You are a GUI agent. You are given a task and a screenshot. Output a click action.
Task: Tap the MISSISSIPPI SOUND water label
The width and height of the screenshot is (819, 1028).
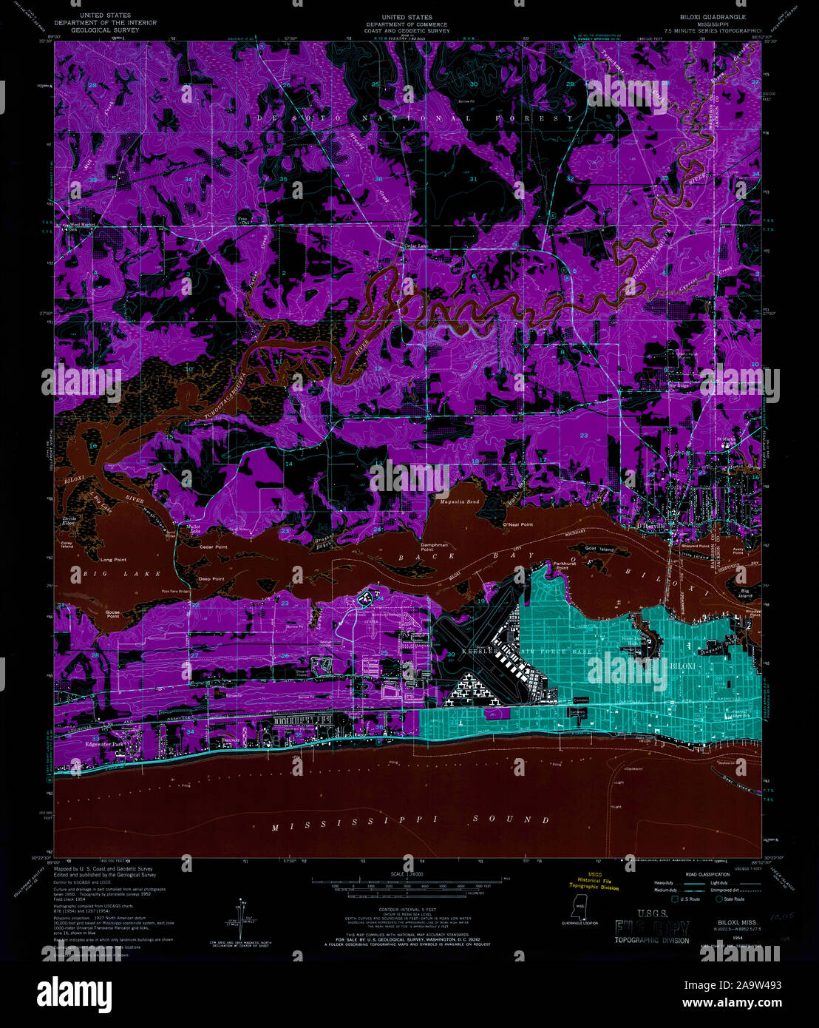(410, 820)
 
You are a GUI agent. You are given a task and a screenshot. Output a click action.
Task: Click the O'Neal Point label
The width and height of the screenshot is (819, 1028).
(518, 524)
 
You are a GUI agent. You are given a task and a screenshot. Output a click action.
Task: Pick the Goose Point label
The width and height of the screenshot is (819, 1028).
(112, 614)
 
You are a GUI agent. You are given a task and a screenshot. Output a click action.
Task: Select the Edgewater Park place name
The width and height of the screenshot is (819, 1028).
(106, 743)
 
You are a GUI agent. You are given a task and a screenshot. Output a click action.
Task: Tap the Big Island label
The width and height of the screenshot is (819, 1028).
(751, 593)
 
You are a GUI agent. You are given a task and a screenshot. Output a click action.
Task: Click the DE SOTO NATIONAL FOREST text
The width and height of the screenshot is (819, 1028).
(415, 118)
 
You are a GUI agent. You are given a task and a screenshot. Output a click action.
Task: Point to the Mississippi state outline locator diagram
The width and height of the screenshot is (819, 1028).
(580, 907)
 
